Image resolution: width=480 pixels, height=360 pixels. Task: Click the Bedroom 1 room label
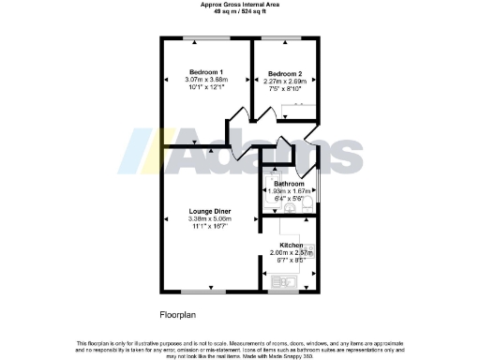pyautogui.click(x=205, y=72)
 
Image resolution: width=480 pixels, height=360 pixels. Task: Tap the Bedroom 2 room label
pyautogui.click(x=284, y=73)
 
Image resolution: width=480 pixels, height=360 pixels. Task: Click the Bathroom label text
pyautogui.click(x=288, y=184)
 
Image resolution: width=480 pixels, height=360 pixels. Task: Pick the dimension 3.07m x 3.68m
pyautogui.click(x=206, y=81)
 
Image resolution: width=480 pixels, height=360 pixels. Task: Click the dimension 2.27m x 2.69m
pyautogui.click(x=285, y=82)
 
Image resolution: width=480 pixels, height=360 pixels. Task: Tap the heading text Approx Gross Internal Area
pyautogui.click(x=240, y=4)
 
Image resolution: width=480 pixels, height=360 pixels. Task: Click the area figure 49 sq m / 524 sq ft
pyautogui.click(x=240, y=11)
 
